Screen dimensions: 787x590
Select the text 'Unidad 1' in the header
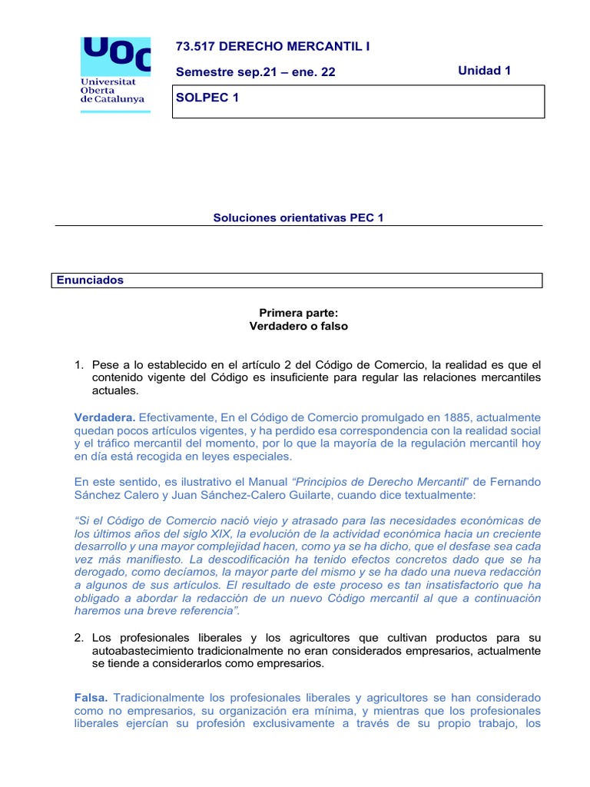484,71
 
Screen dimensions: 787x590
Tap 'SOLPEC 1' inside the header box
203,98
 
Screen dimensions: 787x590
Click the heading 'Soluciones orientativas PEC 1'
298,218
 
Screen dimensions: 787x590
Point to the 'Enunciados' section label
90,281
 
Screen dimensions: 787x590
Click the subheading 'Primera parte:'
299,313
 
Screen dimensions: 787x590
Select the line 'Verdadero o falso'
299,326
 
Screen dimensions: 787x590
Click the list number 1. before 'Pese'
78,365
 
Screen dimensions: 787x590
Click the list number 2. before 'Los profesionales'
78,638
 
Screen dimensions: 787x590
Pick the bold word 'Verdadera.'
104,417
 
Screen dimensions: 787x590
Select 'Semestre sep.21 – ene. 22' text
256,72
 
